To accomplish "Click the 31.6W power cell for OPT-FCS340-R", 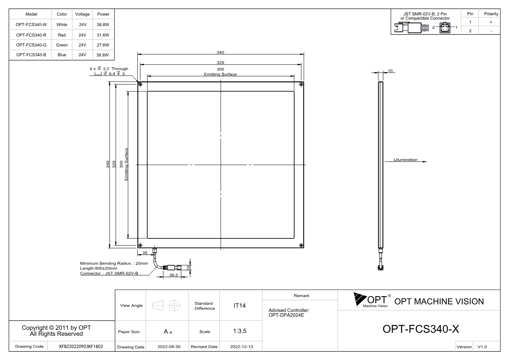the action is coord(103,35).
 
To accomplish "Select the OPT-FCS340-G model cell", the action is coord(31,45).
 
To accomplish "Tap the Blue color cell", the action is coord(62,55).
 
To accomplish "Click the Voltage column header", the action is coord(82,14).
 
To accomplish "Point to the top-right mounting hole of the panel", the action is coord(301,85).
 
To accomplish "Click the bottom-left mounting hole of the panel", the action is coord(140,245).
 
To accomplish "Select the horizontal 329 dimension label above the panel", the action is coord(220,62).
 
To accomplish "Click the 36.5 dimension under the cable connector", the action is coord(173,275).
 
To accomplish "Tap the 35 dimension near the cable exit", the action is coord(145,253).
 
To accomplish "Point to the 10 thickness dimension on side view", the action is coord(390,71).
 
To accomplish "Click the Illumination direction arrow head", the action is coord(424,162).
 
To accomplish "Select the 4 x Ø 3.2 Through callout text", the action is coord(109,69).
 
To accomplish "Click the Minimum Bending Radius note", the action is coord(114,263).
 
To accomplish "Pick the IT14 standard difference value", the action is coord(239,306).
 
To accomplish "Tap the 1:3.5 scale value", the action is coord(240,331).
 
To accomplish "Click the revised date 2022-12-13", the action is coord(241,347).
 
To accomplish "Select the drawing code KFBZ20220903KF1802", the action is coord(81,346).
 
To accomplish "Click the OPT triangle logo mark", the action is coord(359,299).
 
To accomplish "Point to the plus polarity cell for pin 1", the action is coord(491,22).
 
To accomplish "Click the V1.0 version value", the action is coord(482,347).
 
